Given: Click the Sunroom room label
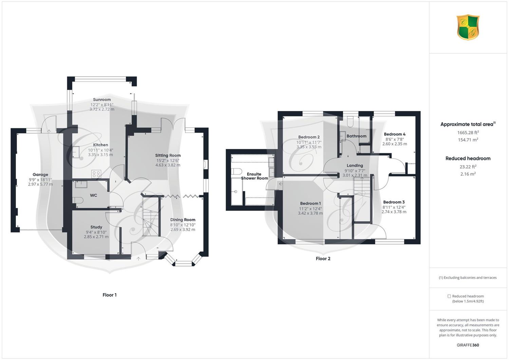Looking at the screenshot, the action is coord(102,99).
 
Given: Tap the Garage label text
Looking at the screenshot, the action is coord(40,174).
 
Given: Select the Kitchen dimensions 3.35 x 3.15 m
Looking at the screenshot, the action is coord(100,155).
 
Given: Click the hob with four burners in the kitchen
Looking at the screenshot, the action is coord(96,174).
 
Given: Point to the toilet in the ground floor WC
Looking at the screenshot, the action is coord(78,200).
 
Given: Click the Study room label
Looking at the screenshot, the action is coord(96,227).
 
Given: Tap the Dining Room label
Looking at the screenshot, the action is coord(183,220).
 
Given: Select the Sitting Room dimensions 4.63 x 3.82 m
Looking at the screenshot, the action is coord(168,165).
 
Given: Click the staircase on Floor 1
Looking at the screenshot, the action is coord(150,216).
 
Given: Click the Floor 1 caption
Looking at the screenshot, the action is coord(110,295).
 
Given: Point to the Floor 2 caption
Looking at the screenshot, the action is coord(323,259).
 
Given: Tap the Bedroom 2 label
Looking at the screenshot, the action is coord(309,137).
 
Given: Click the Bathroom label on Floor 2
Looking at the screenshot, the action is coord(356,136).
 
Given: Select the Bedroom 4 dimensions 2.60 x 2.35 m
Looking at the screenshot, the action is coord(395,144).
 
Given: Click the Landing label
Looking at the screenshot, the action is coord(355,166).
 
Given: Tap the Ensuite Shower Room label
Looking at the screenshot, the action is coord(254,176).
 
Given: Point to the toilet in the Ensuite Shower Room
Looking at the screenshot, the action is coord(237,172).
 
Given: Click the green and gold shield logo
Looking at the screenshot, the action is coord(468,27).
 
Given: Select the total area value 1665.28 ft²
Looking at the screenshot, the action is coord(468,133).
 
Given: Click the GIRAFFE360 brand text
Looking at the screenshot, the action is coord(468,345).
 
